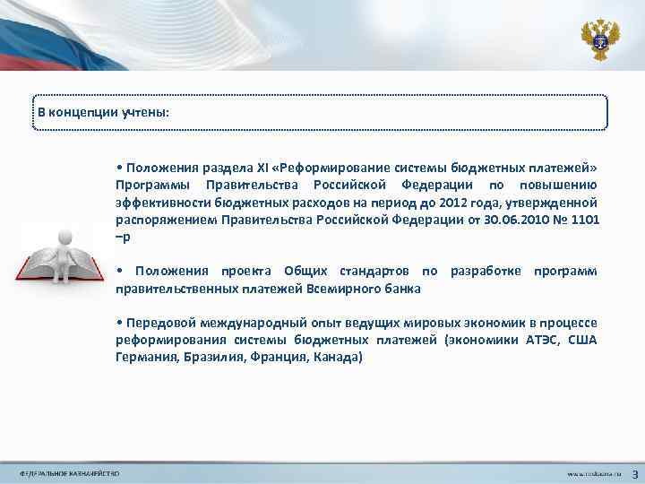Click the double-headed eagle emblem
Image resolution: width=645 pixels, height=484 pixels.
[599, 37]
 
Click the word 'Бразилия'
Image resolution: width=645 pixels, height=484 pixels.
[210, 356]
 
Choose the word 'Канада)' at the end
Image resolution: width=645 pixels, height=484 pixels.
[339, 356]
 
